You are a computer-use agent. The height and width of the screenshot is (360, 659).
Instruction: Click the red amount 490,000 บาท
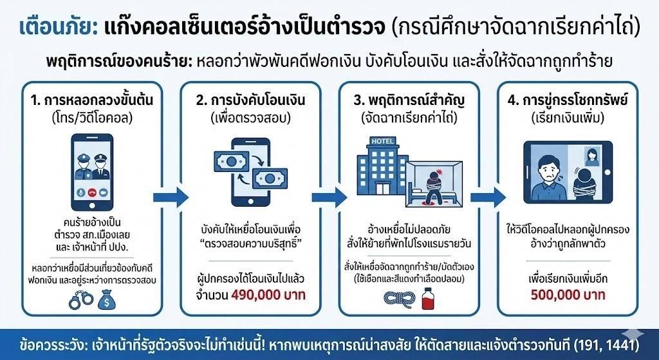(268, 294)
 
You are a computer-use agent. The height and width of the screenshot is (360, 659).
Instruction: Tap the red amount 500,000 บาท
(568, 294)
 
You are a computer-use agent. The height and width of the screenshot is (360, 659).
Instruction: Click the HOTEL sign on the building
(382, 141)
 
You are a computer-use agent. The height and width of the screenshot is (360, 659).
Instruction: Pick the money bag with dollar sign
(107, 299)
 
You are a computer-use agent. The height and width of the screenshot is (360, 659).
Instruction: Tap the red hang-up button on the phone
(93, 193)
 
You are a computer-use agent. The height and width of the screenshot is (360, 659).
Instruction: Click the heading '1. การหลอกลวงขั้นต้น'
(92, 101)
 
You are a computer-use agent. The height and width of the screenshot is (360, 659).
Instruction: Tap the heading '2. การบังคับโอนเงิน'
(250, 101)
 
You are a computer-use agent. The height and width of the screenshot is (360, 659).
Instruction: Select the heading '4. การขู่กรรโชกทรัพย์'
(568, 101)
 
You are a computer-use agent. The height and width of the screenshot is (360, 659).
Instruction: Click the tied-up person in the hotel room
(431, 185)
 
